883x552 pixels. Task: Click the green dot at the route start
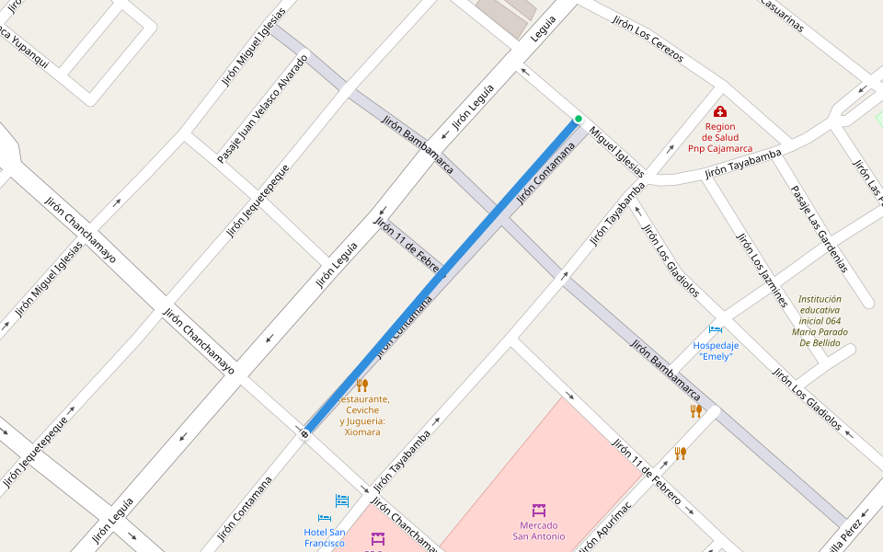click(579, 119)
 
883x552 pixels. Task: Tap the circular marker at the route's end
click(304, 432)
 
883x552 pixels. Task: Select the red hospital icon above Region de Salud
click(719, 111)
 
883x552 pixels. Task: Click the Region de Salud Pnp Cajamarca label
click(719, 137)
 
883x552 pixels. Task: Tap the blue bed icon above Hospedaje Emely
click(716, 329)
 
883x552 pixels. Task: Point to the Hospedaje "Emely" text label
click(716, 351)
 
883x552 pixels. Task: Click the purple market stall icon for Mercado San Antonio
click(539, 510)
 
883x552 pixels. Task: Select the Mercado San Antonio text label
click(539, 531)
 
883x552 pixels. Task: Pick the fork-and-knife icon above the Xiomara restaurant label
click(361, 385)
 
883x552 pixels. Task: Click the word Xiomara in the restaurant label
click(361, 431)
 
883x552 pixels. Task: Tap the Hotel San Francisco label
click(325, 537)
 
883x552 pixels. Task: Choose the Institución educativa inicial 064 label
click(820, 320)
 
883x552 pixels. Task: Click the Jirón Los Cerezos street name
click(648, 40)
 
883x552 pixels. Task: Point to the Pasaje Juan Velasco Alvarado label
click(262, 109)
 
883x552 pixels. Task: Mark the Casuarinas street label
click(782, 14)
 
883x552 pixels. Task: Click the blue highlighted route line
click(441, 276)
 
